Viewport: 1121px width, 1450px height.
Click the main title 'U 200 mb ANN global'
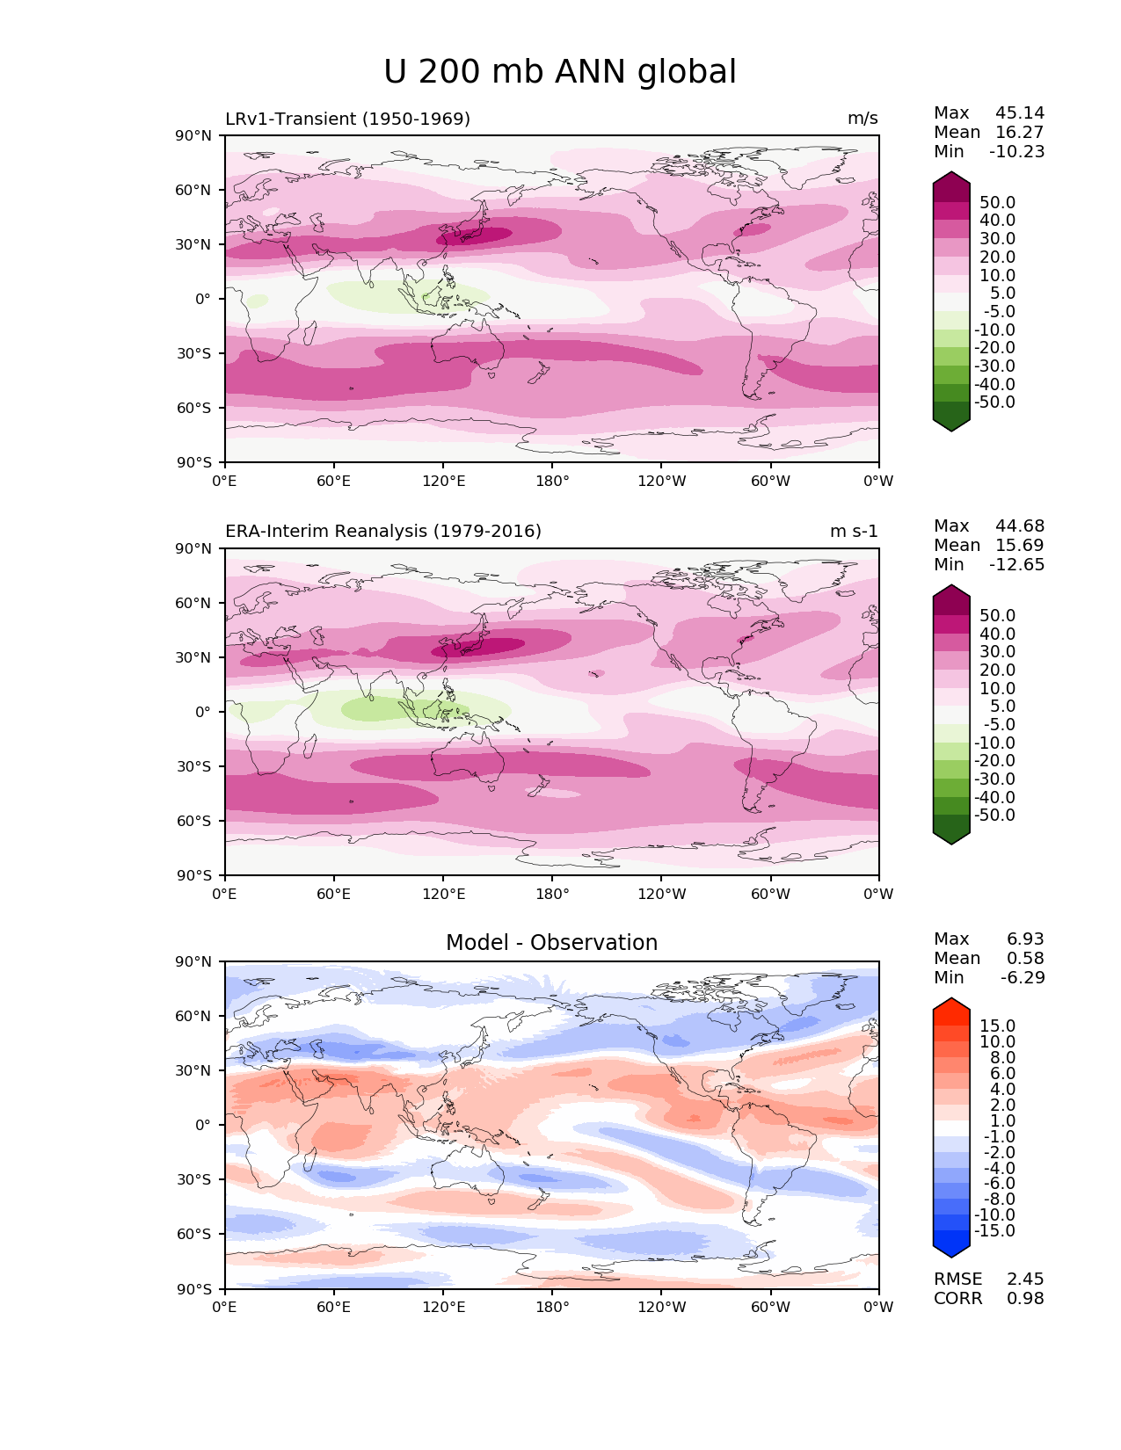tap(560, 72)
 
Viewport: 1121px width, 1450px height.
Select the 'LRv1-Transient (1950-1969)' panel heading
tap(347, 119)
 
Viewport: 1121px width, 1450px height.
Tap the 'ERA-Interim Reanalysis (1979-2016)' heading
tap(383, 532)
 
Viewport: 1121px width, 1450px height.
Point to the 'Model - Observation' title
tap(551, 943)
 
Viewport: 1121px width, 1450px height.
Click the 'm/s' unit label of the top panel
tap(863, 119)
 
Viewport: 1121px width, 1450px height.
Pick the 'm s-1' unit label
tap(854, 532)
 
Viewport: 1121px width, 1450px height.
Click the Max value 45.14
tap(1020, 113)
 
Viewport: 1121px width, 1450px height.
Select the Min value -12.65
tap(1017, 565)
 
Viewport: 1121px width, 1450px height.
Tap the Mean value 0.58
tap(1026, 959)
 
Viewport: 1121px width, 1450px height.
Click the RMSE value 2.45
tap(1025, 1280)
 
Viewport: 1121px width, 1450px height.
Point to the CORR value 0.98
tap(1025, 1299)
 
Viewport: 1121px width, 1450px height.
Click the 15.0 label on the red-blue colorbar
tap(997, 1026)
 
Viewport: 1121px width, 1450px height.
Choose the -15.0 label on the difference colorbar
tap(994, 1231)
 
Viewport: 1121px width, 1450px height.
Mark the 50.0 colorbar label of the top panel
tap(997, 203)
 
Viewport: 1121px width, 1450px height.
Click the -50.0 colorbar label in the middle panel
tap(994, 816)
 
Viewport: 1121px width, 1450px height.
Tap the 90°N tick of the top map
tap(194, 136)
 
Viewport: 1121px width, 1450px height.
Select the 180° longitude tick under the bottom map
tap(552, 1308)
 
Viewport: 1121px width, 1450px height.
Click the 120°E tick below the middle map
tap(443, 895)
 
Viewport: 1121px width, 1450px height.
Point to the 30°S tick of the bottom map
tap(194, 1179)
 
